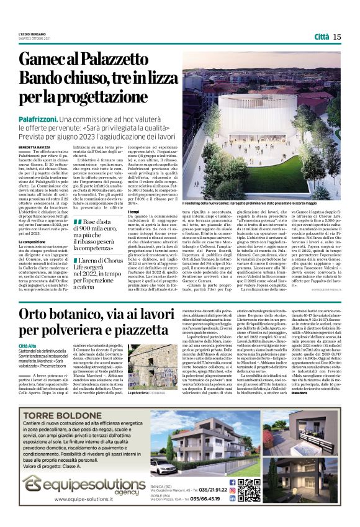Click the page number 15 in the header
[336, 37]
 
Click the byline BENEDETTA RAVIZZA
[35, 146]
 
